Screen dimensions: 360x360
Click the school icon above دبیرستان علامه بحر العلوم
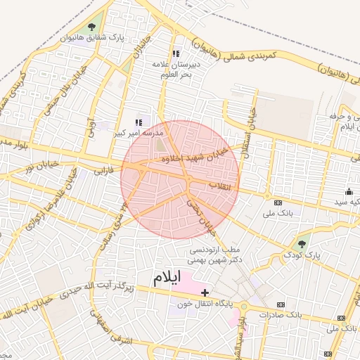[176, 53]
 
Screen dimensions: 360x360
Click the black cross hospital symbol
[205, 292]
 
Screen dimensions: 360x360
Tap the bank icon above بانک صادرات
[281, 304]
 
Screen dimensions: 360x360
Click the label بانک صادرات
[281, 315]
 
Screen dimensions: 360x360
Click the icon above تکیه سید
[349, 192]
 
